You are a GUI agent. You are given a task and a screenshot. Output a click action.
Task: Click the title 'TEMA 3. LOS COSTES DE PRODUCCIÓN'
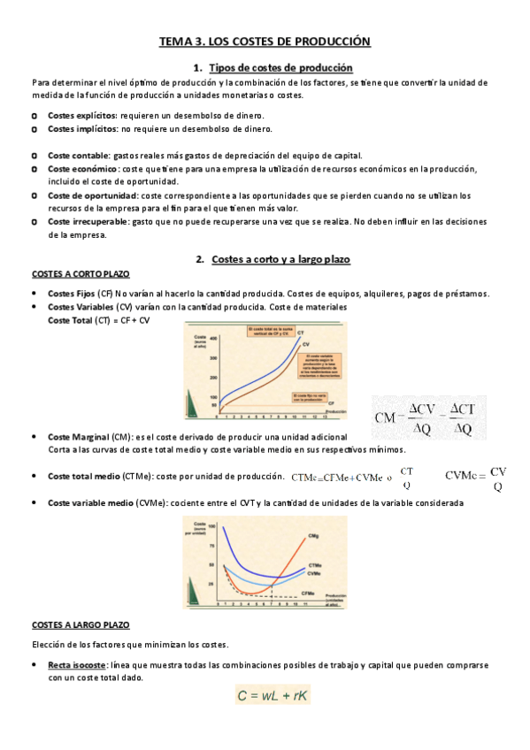[x=265, y=41]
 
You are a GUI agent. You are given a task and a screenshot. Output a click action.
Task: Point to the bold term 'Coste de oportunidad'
[x=92, y=195]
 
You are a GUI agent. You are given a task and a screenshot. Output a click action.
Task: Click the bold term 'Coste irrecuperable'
[x=88, y=222]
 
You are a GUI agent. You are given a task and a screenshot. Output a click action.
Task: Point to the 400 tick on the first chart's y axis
[x=213, y=337]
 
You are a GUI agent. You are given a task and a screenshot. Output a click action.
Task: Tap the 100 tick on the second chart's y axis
[x=212, y=528]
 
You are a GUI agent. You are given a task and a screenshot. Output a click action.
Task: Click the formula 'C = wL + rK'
[x=273, y=696]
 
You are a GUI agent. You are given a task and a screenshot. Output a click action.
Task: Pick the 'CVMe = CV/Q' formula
[x=475, y=478]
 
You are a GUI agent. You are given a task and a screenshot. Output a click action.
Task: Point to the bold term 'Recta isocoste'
[x=78, y=665]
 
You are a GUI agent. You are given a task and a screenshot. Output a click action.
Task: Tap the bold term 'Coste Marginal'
[x=78, y=437]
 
